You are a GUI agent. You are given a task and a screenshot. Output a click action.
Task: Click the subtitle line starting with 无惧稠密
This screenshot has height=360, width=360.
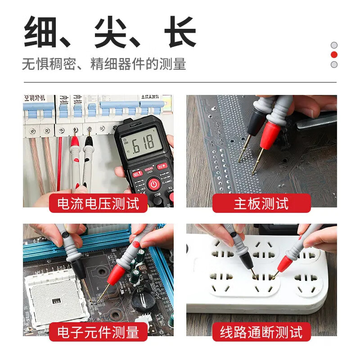tap(104, 64)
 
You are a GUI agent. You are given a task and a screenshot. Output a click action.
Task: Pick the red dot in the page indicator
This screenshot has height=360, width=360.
tap(334, 55)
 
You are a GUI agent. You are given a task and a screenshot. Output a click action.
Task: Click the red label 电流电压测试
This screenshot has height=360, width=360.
tap(98, 203)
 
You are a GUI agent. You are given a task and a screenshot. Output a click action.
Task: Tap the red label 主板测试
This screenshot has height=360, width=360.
tap(261, 203)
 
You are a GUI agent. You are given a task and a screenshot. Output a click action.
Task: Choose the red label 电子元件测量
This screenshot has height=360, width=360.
tap(98, 332)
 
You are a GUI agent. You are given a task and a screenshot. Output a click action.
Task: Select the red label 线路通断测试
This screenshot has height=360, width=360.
tap(261, 332)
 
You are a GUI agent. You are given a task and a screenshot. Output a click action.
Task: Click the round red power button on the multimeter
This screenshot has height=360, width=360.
tap(153, 184)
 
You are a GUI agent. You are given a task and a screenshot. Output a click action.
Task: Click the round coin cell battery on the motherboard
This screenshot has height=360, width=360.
tap(143, 302)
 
